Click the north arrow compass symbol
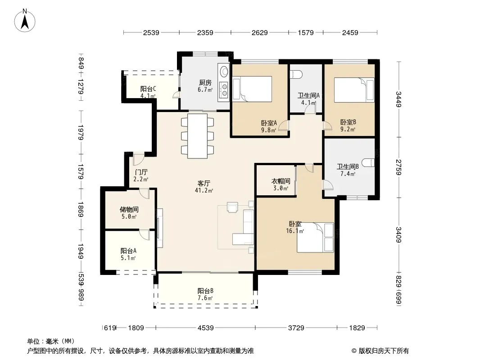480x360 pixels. (25, 21)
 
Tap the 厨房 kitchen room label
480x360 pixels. (205, 83)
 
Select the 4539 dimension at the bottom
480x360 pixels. (205, 328)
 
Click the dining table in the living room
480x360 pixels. (198, 136)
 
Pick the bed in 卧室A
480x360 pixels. (252, 89)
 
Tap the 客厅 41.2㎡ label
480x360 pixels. (204, 187)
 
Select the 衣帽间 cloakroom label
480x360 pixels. (281, 181)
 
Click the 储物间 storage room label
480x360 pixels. (129, 210)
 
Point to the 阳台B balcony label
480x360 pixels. (205, 291)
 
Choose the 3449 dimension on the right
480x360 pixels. (398, 99)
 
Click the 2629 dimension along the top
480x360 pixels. (260, 32)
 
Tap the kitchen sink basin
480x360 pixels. (224, 71)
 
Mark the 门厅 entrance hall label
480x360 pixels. (141, 172)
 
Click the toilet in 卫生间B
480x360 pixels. (368, 163)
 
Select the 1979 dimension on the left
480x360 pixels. (81, 132)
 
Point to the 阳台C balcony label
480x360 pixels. (148, 89)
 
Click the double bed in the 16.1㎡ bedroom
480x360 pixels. (315, 237)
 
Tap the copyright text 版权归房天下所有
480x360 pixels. (384, 351)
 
